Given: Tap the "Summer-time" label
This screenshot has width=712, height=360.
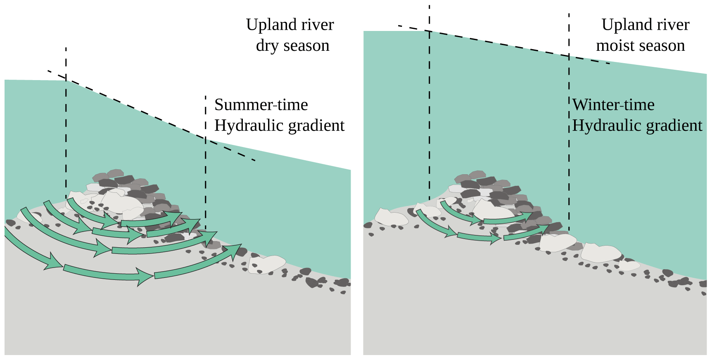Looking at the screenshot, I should (261, 105).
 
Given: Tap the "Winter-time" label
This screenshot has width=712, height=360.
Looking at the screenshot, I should (613, 105).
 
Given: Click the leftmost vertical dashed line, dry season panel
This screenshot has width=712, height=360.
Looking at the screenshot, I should (66, 124).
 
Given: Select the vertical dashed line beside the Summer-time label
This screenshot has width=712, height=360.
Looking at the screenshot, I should (206, 165).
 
